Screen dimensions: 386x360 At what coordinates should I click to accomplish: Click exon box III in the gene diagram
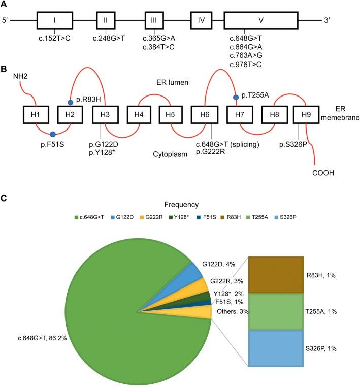tap(154, 21)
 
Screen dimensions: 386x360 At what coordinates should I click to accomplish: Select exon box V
tap(261, 21)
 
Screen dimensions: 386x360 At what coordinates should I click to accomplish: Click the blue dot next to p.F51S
tap(52, 134)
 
